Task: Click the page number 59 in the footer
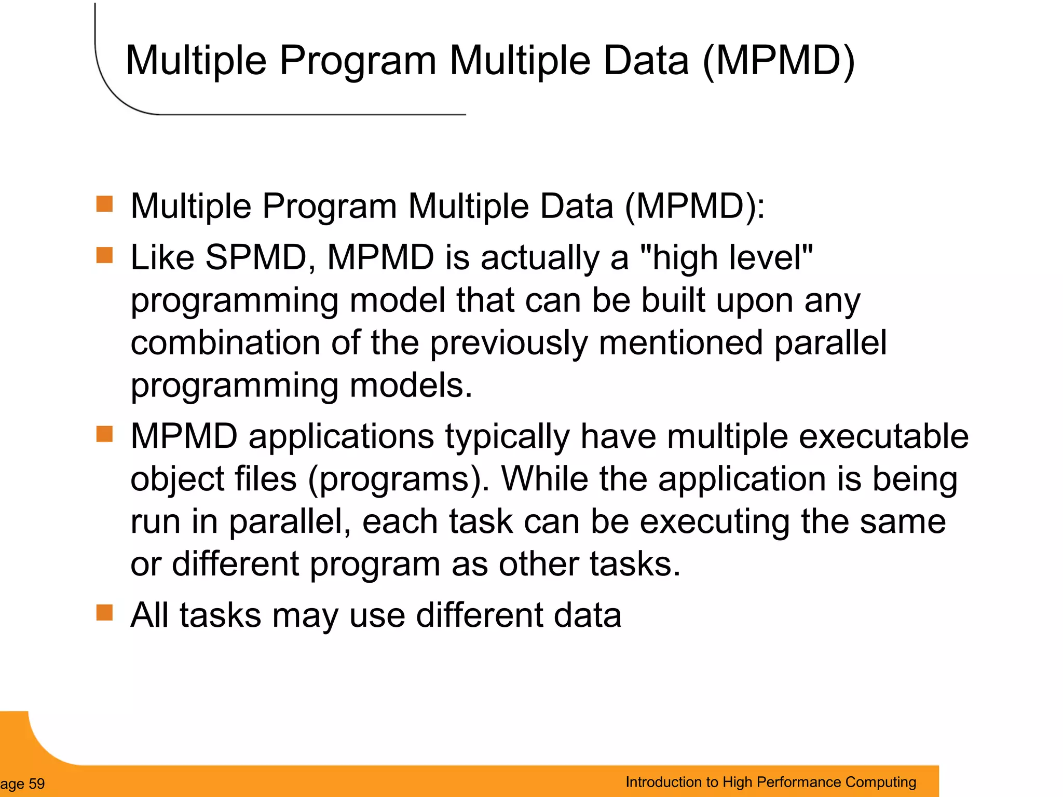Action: pyautogui.click(x=36, y=784)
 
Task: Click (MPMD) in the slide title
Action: pyautogui.click(x=778, y=61)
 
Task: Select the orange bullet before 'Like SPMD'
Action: pyautogui.click(x=105, y=255)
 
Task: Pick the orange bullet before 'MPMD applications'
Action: pyautogui.click(x=105, y=434)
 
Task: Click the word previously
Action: pyautogui.click(x=509, y=343)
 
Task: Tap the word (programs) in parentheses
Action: pyautogui.click(x=398, y=479)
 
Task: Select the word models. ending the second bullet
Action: pyautogui.click(x=411, y=386)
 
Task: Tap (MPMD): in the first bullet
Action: pyautogui.click(x=694, y=207)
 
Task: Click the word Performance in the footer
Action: pyautogui.click(x=798, y=782)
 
